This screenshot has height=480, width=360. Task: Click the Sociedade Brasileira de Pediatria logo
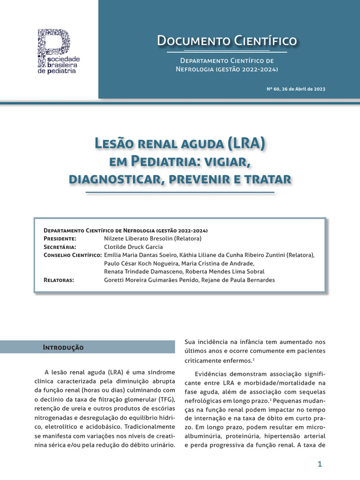(58, 52)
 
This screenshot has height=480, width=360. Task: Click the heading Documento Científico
(227, 41)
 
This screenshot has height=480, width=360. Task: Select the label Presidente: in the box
(63, 239)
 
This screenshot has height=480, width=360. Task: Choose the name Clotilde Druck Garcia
(134, 247)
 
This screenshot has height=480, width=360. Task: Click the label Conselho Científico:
(73, 255)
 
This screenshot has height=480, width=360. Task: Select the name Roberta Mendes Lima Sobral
(225, 271)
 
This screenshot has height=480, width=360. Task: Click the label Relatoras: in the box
(59, 280)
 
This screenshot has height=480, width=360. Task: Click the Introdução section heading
(63, 347)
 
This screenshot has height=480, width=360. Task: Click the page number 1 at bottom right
(320, 464)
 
